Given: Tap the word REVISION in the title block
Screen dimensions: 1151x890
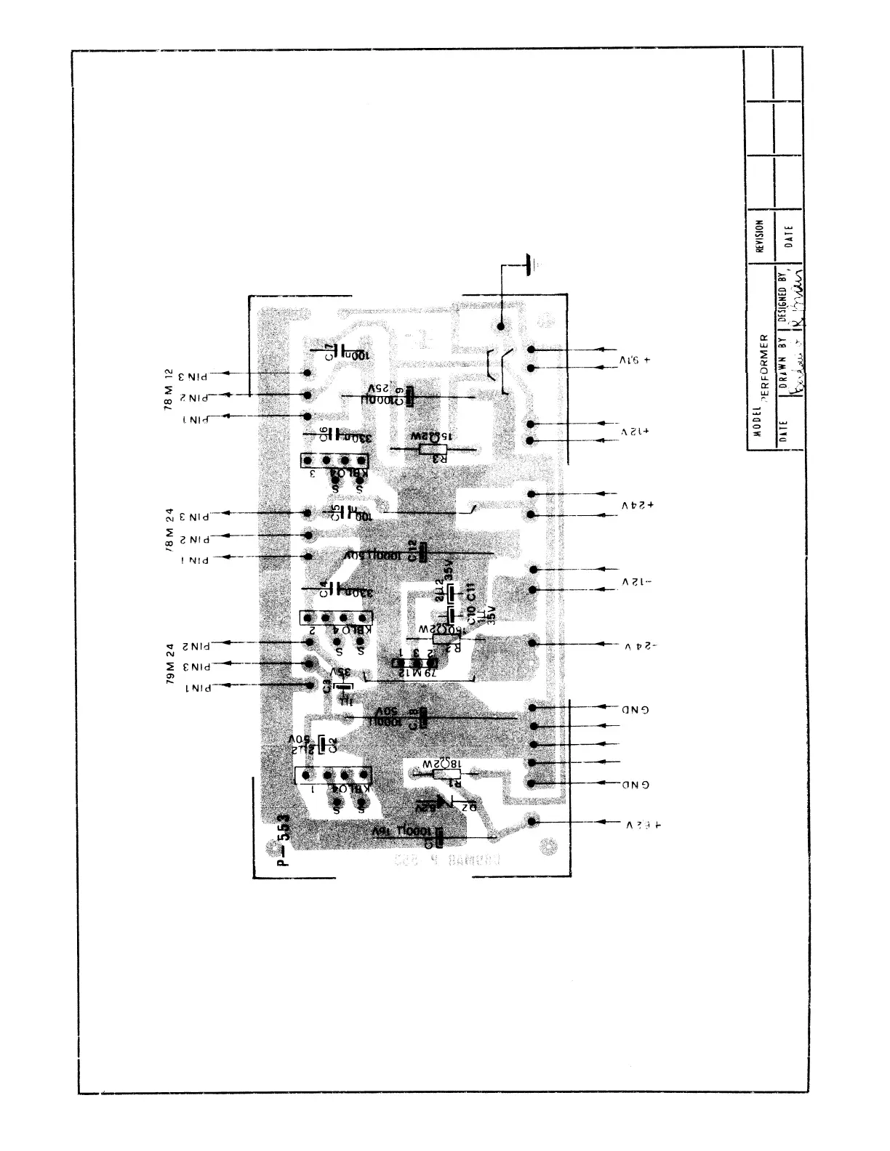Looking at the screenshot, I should (x=760, y=236).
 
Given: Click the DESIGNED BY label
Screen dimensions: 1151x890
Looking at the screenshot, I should (x=782, y=299).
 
